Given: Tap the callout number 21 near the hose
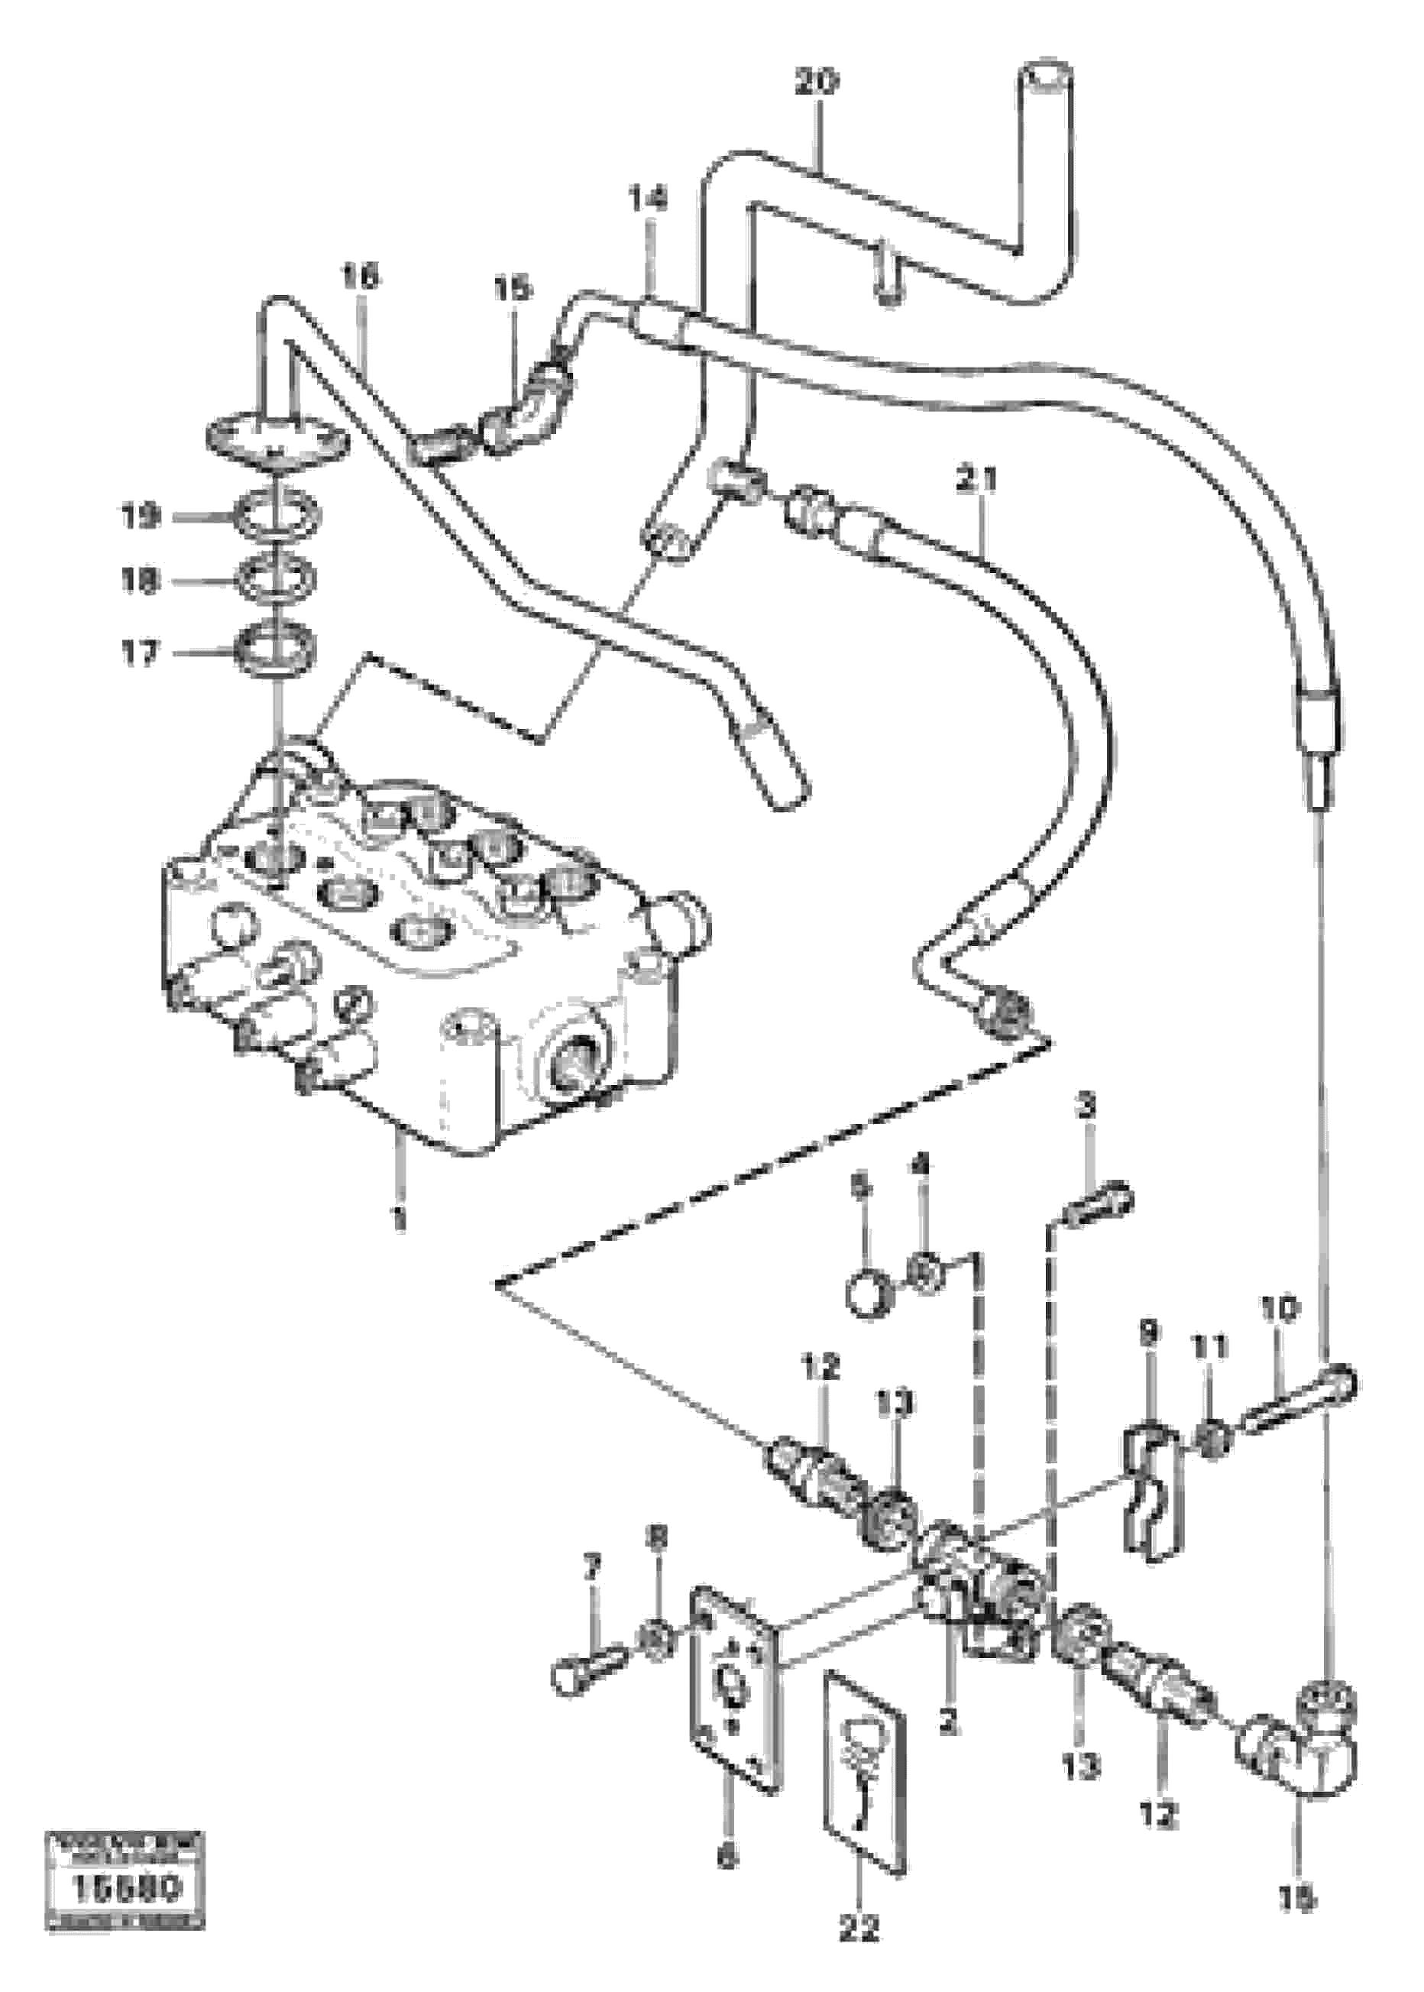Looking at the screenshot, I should coord(977,481).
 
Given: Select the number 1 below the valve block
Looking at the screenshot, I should coord(399,1219).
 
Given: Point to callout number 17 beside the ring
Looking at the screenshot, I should coord(139,653).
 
